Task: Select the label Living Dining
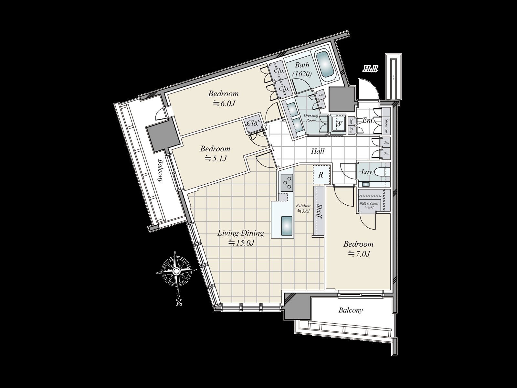(x=240, y=233)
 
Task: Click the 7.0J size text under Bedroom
(x=359, y=254)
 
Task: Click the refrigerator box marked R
(x=321, y=175)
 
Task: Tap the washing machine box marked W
(x=338, y=124)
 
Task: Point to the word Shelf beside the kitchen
(x=320, y=211)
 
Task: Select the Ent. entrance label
(x=368, y=121)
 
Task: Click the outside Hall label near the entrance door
(x=370, y=69)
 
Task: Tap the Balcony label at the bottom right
(x=351, y=310)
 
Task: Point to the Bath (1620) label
(x=302, y=70)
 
